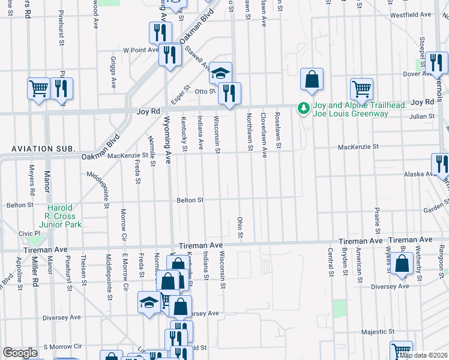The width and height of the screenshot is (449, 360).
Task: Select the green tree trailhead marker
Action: pos(303,108)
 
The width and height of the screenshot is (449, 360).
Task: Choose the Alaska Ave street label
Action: pos(420,173)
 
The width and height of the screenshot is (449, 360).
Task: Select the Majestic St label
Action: pos(378,331)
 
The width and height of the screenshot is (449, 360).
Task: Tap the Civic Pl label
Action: pos(29,233)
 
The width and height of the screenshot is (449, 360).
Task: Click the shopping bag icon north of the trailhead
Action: pos(312,79)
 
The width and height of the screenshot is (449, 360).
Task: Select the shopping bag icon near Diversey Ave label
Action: pos(402,263)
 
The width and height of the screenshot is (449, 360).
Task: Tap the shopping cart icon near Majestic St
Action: pos(401,351)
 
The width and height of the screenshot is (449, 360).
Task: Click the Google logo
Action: pos(20,353)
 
